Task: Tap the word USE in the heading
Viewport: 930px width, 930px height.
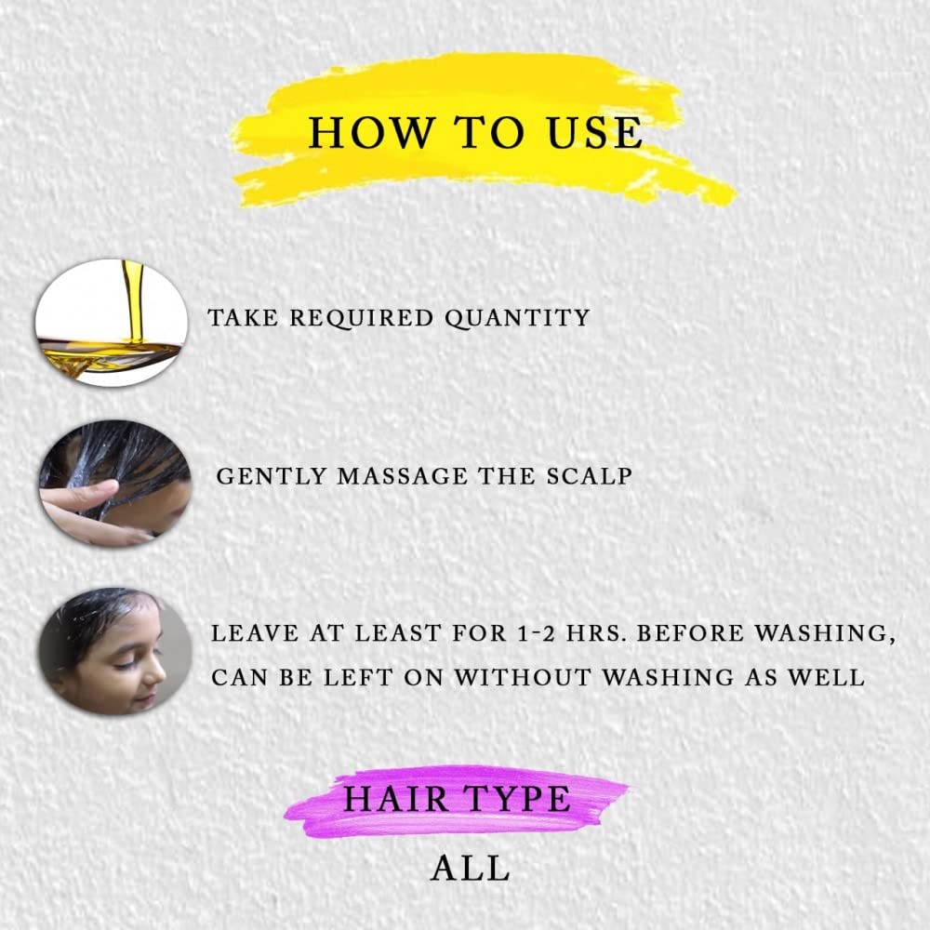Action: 594,132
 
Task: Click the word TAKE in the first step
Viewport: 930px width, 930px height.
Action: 243,318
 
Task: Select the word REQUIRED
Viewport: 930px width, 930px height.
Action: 362,318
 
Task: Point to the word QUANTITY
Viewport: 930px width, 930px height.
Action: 518,318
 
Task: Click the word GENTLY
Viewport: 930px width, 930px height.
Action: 271,476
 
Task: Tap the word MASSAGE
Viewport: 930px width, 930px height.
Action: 403,476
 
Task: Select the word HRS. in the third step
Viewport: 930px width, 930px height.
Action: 596,633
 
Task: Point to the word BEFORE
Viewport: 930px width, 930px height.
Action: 690,633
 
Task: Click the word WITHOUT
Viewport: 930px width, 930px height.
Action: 523,677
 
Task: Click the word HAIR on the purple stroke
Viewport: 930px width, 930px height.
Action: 396,799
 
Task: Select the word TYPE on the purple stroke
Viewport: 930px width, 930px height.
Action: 516,799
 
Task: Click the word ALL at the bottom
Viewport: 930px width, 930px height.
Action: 471,869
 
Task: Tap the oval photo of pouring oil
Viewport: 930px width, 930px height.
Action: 112,323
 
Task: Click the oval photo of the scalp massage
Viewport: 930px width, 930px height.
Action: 115,484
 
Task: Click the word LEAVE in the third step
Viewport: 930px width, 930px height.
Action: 255,633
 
